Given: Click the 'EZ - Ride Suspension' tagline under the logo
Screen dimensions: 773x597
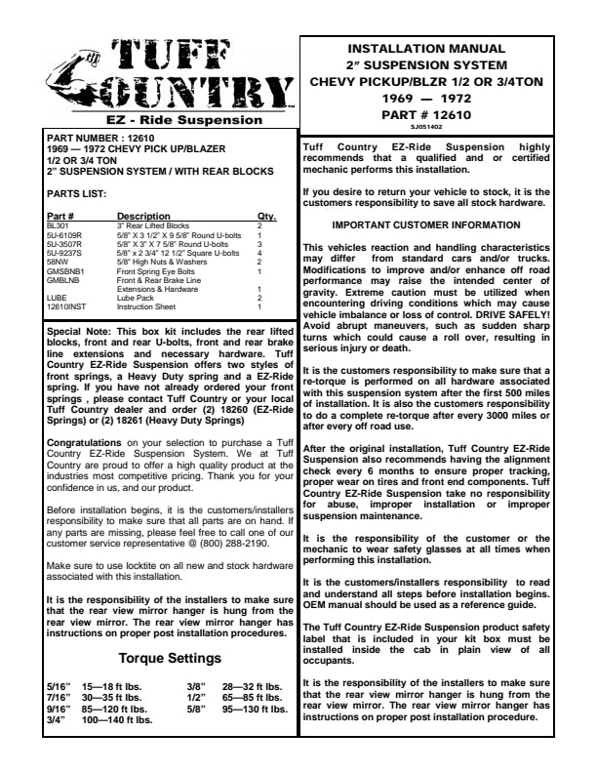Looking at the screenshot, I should (171, 121).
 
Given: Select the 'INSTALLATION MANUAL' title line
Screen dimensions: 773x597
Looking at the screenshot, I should (442, 48).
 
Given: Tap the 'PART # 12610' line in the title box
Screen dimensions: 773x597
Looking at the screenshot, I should (442, 114).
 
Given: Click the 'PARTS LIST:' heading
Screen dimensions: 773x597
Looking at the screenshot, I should (77, 193).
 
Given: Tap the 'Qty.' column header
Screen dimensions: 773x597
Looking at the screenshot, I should (266, 216).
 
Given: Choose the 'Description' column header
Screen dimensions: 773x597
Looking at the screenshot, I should (143, 216).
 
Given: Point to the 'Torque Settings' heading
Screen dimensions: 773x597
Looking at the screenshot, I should (171, 658).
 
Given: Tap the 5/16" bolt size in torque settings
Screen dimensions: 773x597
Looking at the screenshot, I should (59, 687).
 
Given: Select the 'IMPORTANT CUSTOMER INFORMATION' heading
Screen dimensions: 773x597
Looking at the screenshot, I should (442, 225).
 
